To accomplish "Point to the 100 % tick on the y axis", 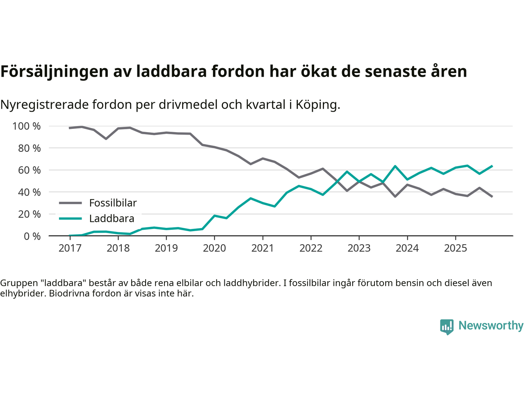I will [x=27, y=126].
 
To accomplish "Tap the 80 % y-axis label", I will [x=29, y=148].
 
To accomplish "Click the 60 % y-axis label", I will [x=29, y=170].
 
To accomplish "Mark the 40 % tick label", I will [x=29, y=192].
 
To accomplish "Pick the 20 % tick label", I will [x=29, y=214].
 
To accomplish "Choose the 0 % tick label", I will [x=32, y=236].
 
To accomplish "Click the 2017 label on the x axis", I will [x=70, y=248].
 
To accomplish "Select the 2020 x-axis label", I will [x=215, y=248].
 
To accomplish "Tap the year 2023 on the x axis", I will [x=359, y=248].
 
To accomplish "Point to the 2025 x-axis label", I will [x=455, y=248].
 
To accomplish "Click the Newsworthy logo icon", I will [x=447, y=327].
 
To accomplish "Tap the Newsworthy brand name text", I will [x=491, y=325].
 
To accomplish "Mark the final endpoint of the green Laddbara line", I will [x=492, y=166].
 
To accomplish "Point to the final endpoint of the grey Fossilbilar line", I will [x=492, y=197].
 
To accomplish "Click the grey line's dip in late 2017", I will [x=106, y=139].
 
